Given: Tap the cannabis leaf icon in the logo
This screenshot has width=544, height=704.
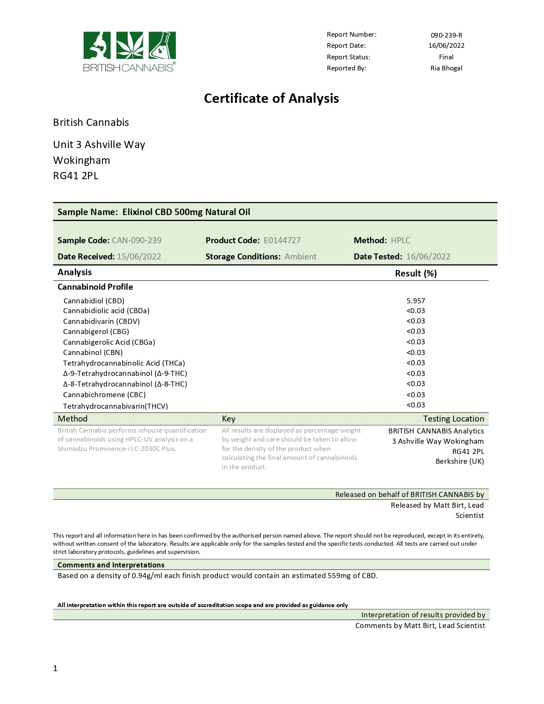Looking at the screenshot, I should coord(129,45).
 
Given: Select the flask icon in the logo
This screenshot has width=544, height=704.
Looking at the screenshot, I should coord(161,45).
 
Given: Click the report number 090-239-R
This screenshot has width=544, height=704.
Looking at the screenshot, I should coord(446,35).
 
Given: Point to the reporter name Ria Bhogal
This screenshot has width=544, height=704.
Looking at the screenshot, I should coord(446,68).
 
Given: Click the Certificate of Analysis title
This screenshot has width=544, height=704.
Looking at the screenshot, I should coord(271,99).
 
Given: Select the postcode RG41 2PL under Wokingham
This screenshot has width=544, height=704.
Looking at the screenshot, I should coord(76,176).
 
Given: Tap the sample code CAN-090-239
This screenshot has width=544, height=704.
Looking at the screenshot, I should coord(137,241).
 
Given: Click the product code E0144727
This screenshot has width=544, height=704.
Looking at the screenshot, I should coord(282,241).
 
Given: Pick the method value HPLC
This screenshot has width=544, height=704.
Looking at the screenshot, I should coord(400,241).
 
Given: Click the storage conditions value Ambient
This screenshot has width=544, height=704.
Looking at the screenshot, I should coord(300,256).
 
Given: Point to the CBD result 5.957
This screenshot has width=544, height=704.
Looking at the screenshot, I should coord(416,301).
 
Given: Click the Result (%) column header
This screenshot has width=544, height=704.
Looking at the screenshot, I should coord(416,273).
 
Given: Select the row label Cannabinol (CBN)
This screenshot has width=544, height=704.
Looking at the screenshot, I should coord(93,352).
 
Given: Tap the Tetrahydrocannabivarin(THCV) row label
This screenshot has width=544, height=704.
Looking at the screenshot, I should coord(115,406).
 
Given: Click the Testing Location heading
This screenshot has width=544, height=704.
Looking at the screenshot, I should coord(453,419).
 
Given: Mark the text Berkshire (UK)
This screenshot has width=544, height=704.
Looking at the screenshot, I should coord(460,461).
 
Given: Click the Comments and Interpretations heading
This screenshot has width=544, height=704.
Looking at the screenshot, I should coord(111,565).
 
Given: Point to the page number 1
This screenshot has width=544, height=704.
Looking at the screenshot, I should coord(55,669).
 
